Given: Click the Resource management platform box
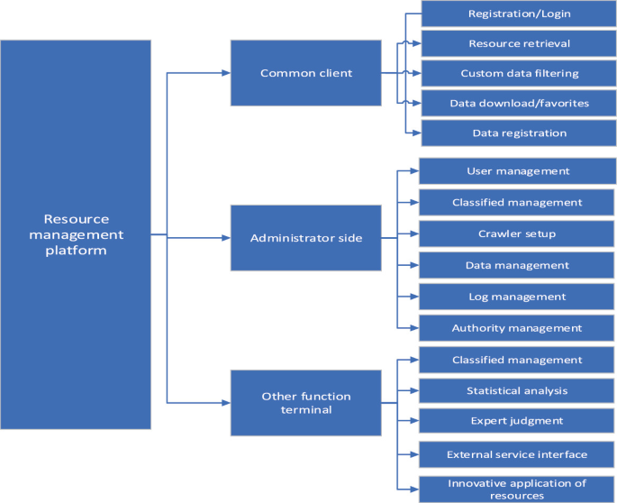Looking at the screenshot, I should (76, 233).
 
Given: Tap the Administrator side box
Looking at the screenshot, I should (305, 238).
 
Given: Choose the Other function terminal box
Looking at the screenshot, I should (305, 402).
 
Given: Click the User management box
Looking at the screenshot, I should (517, 171).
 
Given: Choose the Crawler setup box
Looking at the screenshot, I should (517, 233).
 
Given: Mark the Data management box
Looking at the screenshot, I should (517, 265).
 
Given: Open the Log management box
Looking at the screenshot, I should (517, 297).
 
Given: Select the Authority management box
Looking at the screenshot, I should (517, 328).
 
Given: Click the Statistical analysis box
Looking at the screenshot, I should (517, 390).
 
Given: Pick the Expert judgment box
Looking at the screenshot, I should (517, 421).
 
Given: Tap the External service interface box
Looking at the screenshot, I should (517, 454).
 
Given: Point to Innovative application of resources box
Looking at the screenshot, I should (517, 489).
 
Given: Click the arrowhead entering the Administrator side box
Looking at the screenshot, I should (225, 238).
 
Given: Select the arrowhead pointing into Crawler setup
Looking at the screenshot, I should (414, 233).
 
